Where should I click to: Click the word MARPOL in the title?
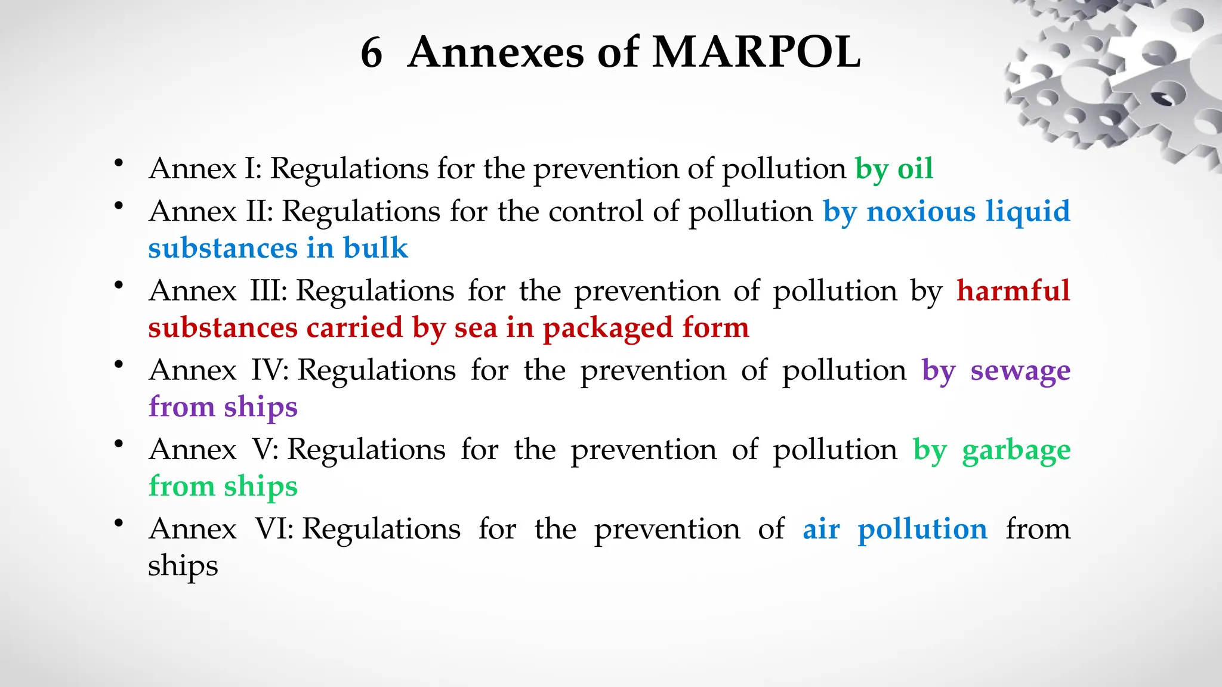click(x=756, y=52)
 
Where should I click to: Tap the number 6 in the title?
click(x=371, y=52)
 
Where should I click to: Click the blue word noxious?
click(x=921, y=212)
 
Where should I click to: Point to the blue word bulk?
click(x=375, y=248)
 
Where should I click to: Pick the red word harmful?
click(x=1013, y=291)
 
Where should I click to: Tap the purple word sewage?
click(x=1020, y=371)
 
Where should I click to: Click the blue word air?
click(x=821, y=530)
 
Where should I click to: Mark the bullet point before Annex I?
click(x=119, y=162)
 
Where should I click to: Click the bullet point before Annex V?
click(x=119, y=443)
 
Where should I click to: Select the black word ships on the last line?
click(x=183, y=567)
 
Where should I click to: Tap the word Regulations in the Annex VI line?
click(x=381, y=530)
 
